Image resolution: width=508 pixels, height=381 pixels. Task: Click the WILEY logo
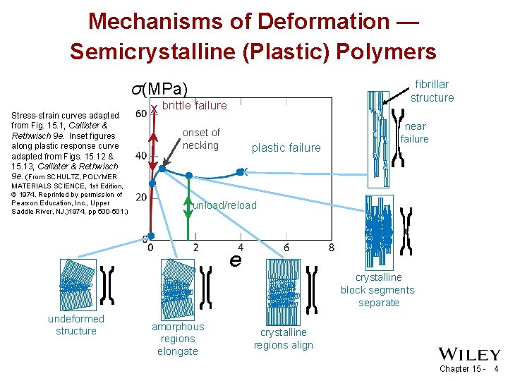[x=469, y=354]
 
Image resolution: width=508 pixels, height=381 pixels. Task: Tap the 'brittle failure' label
[x=195, y=106]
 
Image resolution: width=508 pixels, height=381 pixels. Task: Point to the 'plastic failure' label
[x=286, y=148]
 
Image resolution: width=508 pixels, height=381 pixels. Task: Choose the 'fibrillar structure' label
[x=432, y=91]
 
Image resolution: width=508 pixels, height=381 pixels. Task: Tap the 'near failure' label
[x=415, y=133]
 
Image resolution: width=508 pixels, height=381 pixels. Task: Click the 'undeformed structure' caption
[x=75, y=325]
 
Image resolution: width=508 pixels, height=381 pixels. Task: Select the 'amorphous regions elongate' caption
[x=178, y=339]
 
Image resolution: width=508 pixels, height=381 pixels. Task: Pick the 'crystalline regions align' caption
[x=283, y=339]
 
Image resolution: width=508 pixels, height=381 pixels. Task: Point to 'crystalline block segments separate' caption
[x=378, y=290]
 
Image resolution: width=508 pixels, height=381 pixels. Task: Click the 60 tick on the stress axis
[x=140, y=114]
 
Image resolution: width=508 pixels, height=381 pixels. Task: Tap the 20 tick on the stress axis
[x=140, y=197]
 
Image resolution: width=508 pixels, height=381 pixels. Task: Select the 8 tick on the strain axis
[x=332, y=248]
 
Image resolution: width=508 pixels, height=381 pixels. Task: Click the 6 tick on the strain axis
[x=286, y=248]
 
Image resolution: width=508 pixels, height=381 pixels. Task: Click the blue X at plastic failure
[x=241, y=171]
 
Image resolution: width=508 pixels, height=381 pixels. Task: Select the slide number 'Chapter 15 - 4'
[x=468, y=369]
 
